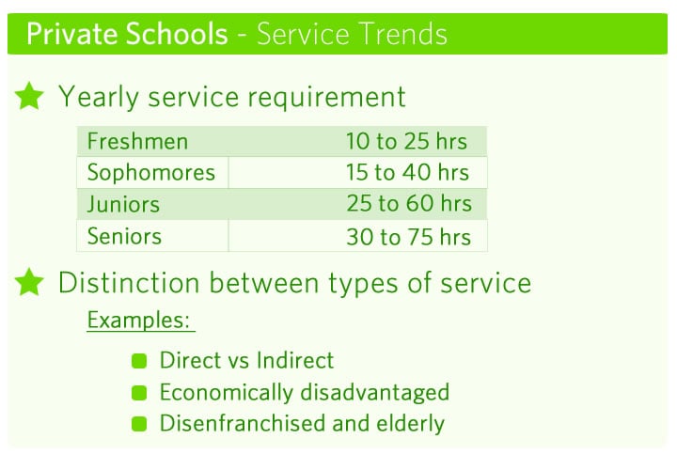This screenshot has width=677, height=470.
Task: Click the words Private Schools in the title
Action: (x=127, y=34)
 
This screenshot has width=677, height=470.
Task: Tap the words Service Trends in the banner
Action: (x=352, y=34)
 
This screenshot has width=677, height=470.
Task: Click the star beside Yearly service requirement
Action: (x=29, y=96)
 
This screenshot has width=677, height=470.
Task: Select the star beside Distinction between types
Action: (x=29, y=282)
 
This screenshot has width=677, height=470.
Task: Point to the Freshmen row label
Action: (x=137, y=141)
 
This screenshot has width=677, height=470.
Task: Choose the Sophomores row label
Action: (x=151, y=173)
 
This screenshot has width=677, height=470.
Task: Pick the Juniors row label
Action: (x=123, y=204)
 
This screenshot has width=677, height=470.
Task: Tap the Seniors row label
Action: (x=124, y=236)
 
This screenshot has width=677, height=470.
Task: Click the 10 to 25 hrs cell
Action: (x=406, y=141)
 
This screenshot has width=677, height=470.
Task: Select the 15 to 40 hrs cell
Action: (x=407, y=172)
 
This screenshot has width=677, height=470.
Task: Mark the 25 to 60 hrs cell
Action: (x=409, y=203)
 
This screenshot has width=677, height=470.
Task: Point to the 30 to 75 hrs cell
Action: (x=408, y=237)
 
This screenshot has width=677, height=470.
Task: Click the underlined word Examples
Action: (x=138, y=321)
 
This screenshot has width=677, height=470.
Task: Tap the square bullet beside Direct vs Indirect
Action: (x=139, y=361)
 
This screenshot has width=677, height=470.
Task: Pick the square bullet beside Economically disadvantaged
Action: (x=139, y=393)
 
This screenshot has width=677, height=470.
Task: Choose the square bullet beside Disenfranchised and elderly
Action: (x=139, y=424)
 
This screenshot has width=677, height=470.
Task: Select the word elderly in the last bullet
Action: (x=410, y=423)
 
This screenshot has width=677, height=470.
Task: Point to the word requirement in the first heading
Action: (x=326, y=98)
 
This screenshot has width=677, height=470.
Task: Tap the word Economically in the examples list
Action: (x=227, y=393)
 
